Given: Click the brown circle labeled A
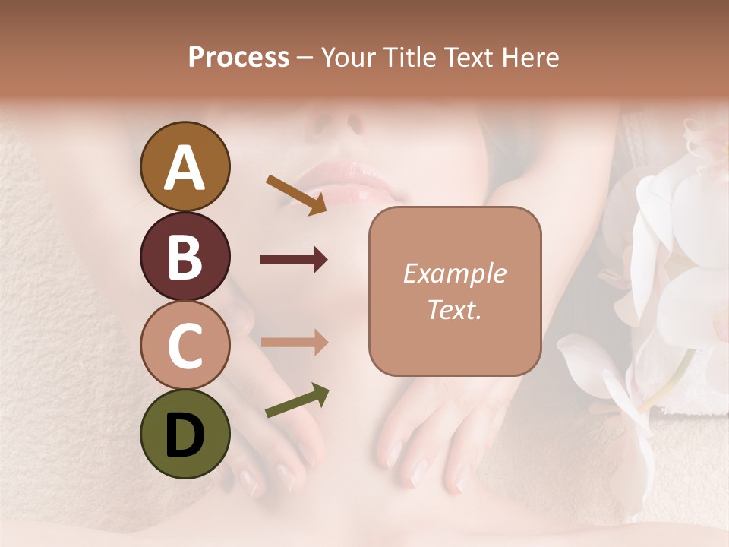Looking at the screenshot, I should (185, 166).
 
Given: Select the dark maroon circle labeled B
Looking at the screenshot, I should (185, 256).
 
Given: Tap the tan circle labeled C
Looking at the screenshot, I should (185, 345).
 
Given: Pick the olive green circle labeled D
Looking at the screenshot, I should (185, 434).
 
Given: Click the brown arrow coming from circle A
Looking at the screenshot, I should (296, 194).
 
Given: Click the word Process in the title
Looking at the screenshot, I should (238, 58).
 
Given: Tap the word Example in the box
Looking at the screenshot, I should (454, 273).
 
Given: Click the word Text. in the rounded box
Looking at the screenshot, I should (454, 309).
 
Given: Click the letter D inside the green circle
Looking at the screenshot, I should (185, 435).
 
